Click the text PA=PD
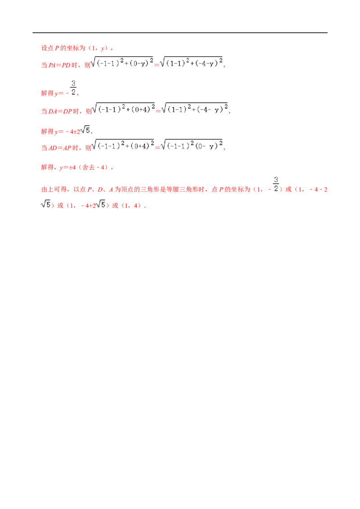pyautogui.click(x=59, y=65)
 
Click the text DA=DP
pyautogui.click(x=60, y=112)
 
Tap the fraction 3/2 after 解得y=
pyautogui.click(x=73, y=88)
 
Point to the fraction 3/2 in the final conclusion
pyautogui.click(x=276, y=184)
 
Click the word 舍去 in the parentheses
pyautogui.click(x=88, y=168)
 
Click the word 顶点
pyautogui.click(x=127, y=189)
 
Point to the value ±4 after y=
pyautogui.click(x=72, y=168)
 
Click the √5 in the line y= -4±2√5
pyautogui.click(x=85, y=130)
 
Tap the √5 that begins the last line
pyautogui.click(x=46, y=204)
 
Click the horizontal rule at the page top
pyautogui.click(x=180, y=33)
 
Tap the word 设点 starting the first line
pyautogui.click(x=47, y=49)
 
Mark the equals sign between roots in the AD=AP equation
pyautogui.click(x=157, y=147)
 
